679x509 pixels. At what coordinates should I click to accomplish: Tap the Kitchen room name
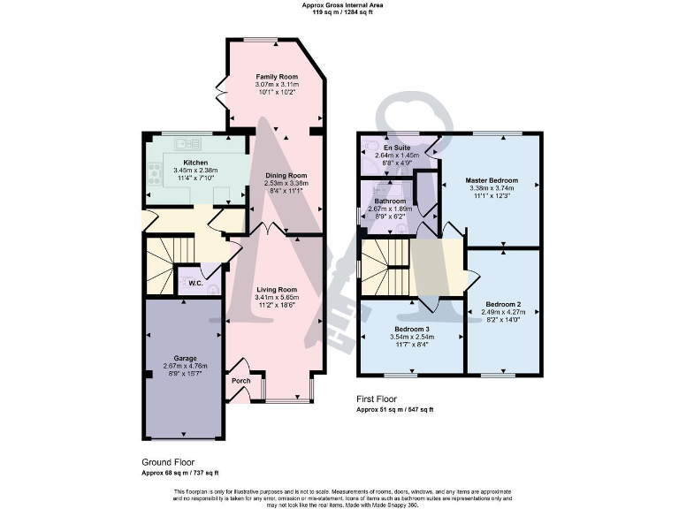(x=195, y=163)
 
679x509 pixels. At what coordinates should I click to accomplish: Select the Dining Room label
(x=286, y=175)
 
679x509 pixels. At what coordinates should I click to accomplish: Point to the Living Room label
(x=277, y=289)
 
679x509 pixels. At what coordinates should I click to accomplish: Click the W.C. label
(x=195, y=284)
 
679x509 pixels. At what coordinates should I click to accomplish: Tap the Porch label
(x=240, y=381)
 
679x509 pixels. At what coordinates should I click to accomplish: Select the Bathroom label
(x=390, y=201)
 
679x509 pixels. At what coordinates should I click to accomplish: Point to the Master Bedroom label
(x=492, y=180)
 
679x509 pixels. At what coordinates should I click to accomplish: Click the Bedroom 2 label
(x=501, y=304)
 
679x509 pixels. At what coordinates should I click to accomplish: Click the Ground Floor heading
(x=169, y=462)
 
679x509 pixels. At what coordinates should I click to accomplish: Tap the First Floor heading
(x=381, y=399)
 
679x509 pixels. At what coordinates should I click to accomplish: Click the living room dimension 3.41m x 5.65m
(x=277, y=297)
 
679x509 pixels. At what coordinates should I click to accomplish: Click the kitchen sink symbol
(x=188, y=142)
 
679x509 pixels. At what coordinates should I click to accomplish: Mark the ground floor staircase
(x=167, y=265)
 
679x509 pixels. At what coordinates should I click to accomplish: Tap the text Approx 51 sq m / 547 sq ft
(x=394, y=410)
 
